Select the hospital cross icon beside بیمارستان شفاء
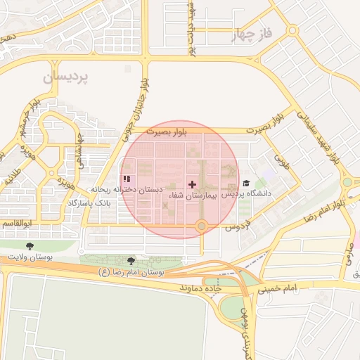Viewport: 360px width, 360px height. tap(193, 184)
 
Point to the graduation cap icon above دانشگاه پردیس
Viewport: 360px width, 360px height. tap(246, 184)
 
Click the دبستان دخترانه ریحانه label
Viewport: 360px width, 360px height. tap(127, 191)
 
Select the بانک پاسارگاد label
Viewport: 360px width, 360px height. tap(89, 202)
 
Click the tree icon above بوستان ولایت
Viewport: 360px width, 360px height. tap(29, 246)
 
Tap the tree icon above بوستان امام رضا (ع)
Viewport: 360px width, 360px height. tap(131, 261)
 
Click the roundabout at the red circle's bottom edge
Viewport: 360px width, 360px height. tap(202, 226)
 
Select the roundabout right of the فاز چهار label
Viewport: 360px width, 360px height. tap(293, 30)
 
